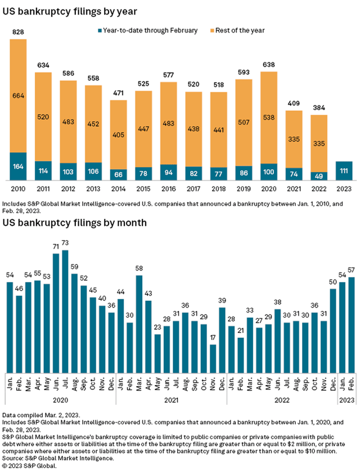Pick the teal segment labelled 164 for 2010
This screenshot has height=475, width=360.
point(17,166)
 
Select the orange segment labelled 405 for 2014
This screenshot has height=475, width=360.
point(118,134)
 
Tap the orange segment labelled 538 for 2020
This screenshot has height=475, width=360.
point(269,119)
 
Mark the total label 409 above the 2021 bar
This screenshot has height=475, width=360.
point(294,103)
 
